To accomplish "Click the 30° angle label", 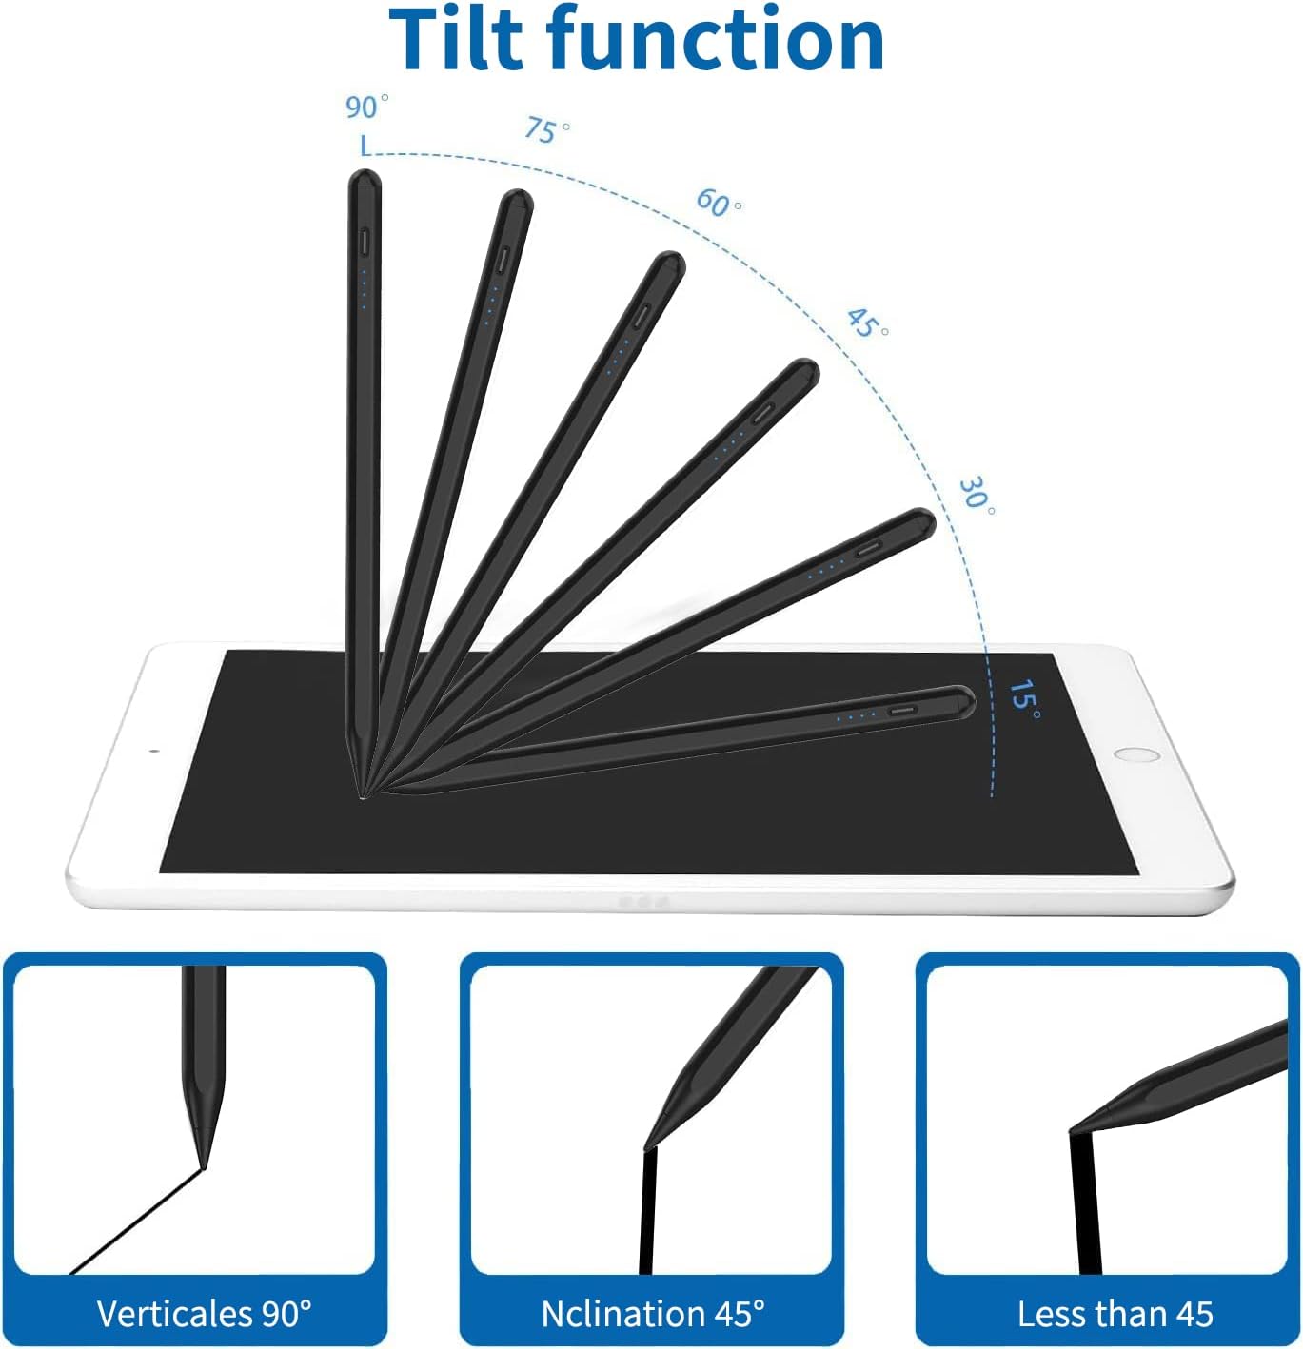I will (976, 495).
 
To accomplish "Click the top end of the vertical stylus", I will (365, 178).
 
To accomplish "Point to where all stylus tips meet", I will (363, 794).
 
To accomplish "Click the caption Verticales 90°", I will (204, 1314).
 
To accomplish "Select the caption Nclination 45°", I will (653, 1314).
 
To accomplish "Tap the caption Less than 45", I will (1115, 1314).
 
